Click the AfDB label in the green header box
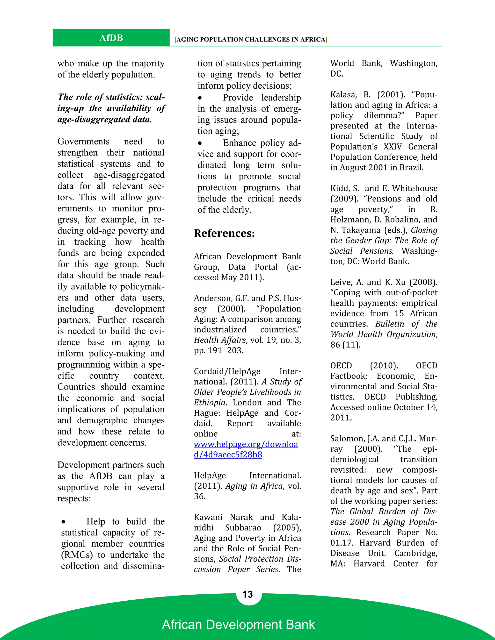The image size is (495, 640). pyautogui.click(x=111, y=38)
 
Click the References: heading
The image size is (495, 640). pyautogui.click(x=224, y=233)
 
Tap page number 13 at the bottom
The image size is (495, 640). pyautogui.click(x=247, y=594)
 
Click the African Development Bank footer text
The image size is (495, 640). pyautogui.click(x=238, y=625)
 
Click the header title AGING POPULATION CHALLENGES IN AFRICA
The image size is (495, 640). pyautogui.click(x=251, y=40)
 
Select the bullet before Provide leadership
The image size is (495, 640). pyautogui.click(x=200, y=98)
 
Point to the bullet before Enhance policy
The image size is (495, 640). pyautogui.click(x=200, y=143)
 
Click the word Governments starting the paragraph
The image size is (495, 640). pyautogui.click(x=83, y=142)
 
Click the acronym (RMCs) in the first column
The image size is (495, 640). pyautogui.click(x=77, y=555)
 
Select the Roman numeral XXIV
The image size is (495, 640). pyautogui.click(x=392, y=147)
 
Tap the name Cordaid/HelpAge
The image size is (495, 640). pyautogui.click(x=227, y=371)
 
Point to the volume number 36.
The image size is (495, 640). pyautogui.click(x=199, y=496)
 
